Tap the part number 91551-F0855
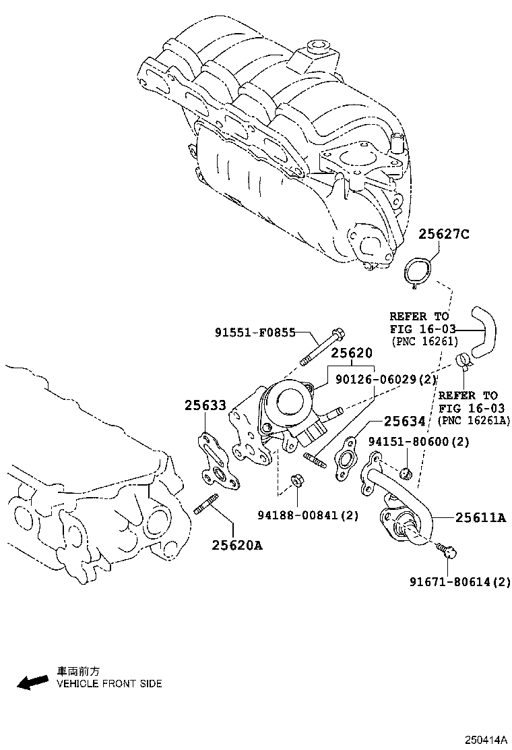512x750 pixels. [255, 333]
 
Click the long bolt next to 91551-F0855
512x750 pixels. [321, 347]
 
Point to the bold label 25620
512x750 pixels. [351, 353]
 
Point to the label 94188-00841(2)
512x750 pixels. [308, 515]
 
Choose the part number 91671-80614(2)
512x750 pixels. [461, 581]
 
